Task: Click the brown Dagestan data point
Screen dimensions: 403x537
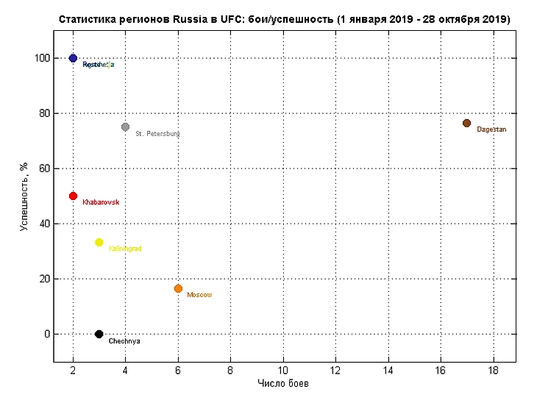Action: coord(466,123)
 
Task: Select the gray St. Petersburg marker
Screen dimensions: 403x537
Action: coord(125,127)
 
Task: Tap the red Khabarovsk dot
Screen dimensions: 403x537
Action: coord(73,196)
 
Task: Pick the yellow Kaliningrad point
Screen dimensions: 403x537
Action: coord(99,243)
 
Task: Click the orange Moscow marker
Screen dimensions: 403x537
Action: coord(178,289)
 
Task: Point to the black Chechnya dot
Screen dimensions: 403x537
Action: coord(99,334)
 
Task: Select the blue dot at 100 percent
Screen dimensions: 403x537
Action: coord(73,58)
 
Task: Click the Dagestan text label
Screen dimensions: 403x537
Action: coord(491,129)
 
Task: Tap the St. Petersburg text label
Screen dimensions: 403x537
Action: coord(157,134)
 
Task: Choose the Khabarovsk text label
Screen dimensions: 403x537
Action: coord(101,202)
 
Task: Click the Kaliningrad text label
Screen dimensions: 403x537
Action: coord(125,249)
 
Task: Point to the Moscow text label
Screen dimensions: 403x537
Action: coord(199,295)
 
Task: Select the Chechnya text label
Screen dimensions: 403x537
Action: coord(124,341)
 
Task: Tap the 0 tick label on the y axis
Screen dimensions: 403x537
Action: coord(46,334)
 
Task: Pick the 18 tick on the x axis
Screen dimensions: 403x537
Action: coord(493,370)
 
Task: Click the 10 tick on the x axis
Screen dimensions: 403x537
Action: coord(283,370)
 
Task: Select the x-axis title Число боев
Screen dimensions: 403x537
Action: coord(283,384)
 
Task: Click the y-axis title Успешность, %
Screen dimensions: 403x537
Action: coord(23,196)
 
